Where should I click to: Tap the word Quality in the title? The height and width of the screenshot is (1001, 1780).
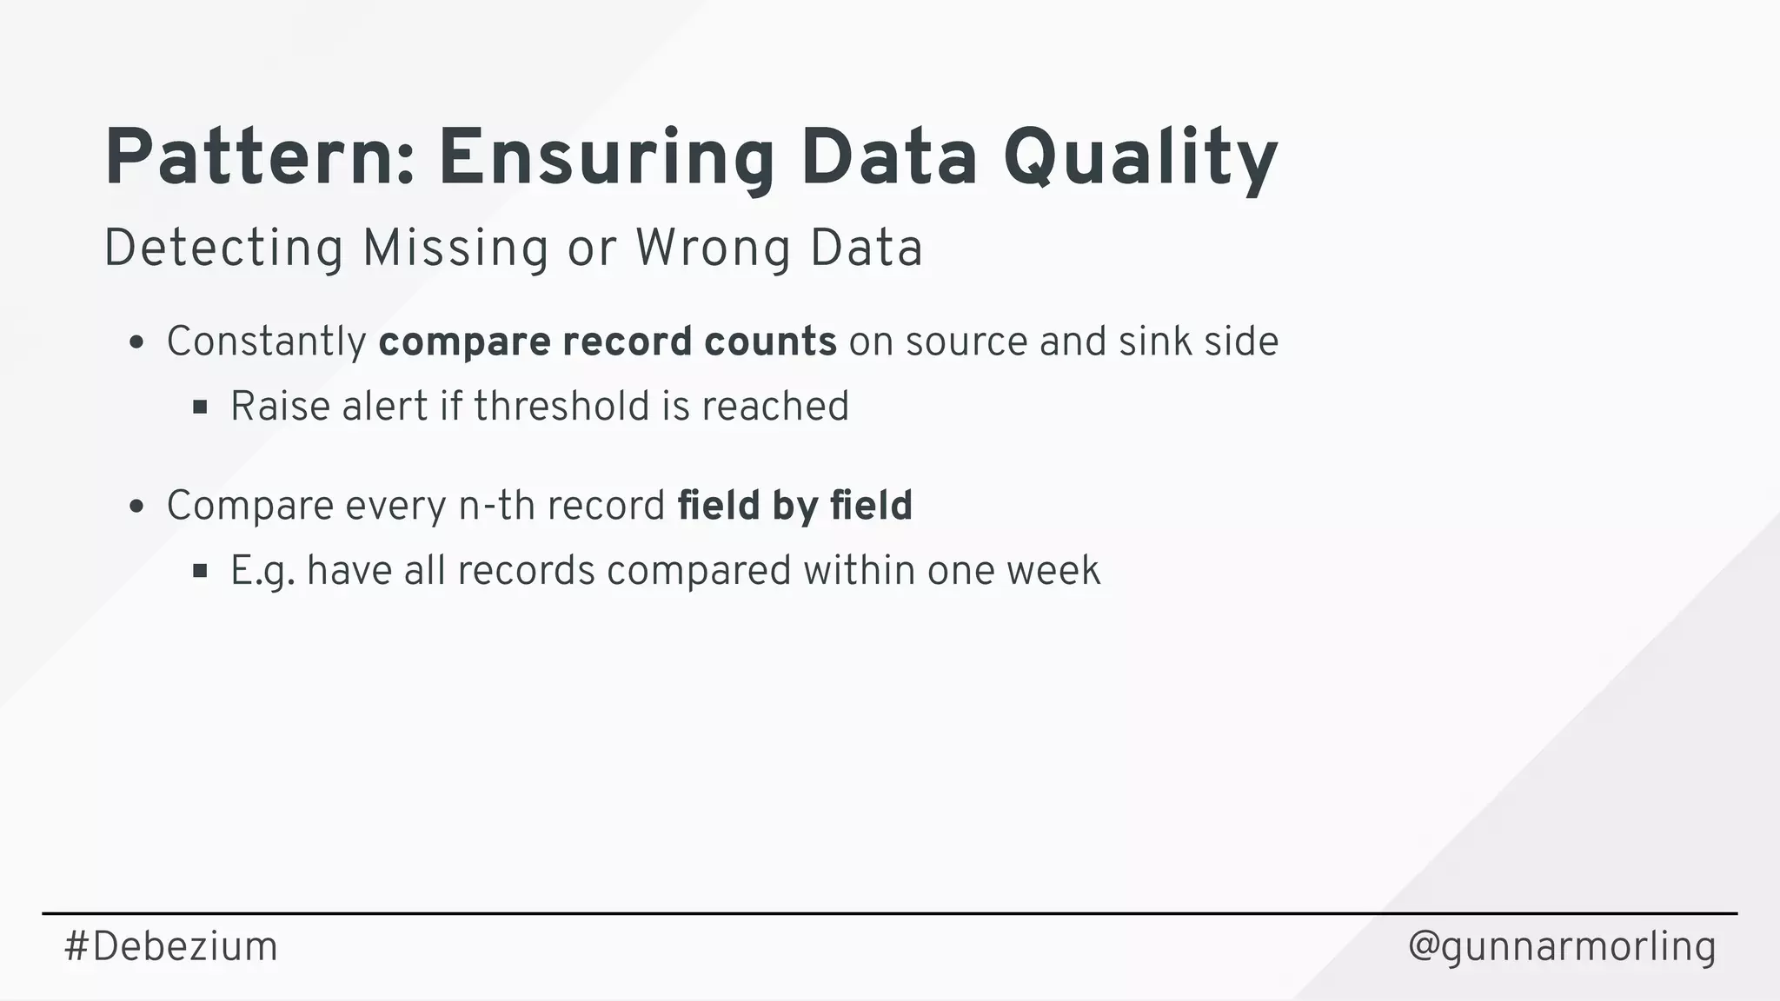click(x=1139, y=159)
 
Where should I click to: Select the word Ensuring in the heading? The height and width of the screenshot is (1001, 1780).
click(x=606, y=159)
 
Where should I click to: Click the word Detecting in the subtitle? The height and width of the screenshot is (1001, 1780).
click(x=223, y=249)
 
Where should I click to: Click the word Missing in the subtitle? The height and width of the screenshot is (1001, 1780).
click(x=455, y=249)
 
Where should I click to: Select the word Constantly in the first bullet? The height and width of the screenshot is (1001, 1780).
click(x=266, y=341)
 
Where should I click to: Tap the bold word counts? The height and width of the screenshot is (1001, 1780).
click(x=770, y=341)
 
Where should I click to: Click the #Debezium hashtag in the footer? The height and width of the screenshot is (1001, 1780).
click(x=170, y=946)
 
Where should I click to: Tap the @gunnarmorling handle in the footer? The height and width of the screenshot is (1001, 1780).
click(x=1562, y=946)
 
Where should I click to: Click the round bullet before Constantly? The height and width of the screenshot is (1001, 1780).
click(x=136, y=342)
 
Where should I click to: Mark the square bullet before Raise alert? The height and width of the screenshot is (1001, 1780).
click(x=200, y=407)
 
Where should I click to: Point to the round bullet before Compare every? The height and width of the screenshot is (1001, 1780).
click(x=136, y=507)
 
